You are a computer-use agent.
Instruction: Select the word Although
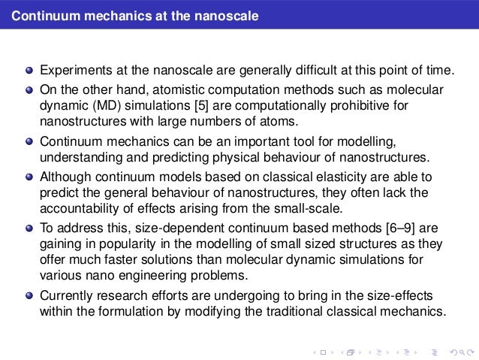coord(65,177)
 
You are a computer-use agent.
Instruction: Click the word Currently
coord(65,294)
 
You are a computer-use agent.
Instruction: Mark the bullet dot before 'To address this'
coord(29,228)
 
